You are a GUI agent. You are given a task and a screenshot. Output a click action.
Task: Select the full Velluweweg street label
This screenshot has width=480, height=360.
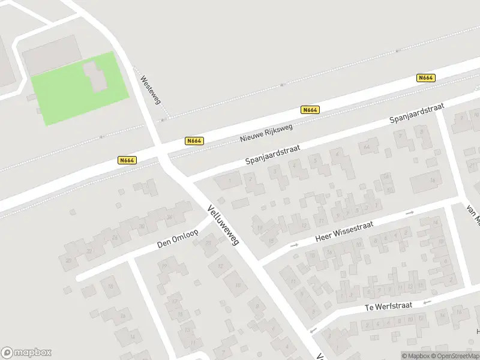tap(223, 225)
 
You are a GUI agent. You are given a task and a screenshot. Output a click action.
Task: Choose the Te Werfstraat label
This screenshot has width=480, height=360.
tap(388, 307)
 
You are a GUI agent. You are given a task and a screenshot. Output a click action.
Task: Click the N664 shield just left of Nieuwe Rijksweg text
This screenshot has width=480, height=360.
tap(194, 141)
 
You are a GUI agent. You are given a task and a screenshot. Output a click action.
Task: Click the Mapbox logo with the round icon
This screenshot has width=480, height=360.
tap(26, 353)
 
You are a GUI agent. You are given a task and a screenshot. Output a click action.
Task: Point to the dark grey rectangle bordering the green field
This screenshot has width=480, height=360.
tap(52, 54)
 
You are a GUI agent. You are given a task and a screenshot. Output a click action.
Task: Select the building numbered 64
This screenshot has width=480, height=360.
tap(367, 147)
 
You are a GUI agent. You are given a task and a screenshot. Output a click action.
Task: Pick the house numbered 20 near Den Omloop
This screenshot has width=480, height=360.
tap(69, 260)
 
